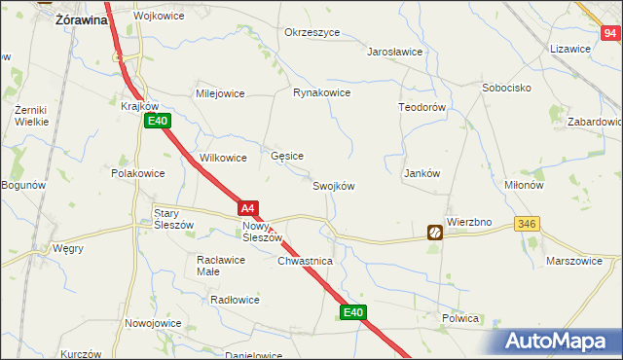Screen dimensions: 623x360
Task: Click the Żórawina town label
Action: [82, 18]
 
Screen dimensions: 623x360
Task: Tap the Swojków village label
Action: [333, 187]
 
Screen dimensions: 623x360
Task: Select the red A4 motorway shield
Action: [249, 207]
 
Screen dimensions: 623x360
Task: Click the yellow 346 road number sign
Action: [528, 224]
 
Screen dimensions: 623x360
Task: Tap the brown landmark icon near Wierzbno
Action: [435, 232]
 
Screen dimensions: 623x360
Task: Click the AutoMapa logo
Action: [563, 341]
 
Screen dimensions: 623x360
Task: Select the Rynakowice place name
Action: [321, 93]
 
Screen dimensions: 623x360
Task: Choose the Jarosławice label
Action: [395, 53]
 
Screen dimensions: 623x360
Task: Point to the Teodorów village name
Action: [421, 107]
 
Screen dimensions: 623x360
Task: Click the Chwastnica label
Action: [306, 262]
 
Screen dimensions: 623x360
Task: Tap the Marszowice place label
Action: [583, 262]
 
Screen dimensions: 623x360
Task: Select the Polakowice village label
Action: [138, 173]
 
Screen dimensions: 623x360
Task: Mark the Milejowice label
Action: [220, 93]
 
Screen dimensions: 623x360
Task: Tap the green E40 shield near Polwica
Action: [353, 312]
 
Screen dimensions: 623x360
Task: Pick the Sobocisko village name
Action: [506, 88]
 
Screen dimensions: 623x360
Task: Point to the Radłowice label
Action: [235, 300]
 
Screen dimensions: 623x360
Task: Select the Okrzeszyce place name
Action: [311, 32]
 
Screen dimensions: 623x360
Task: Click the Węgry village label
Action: [68, 248]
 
